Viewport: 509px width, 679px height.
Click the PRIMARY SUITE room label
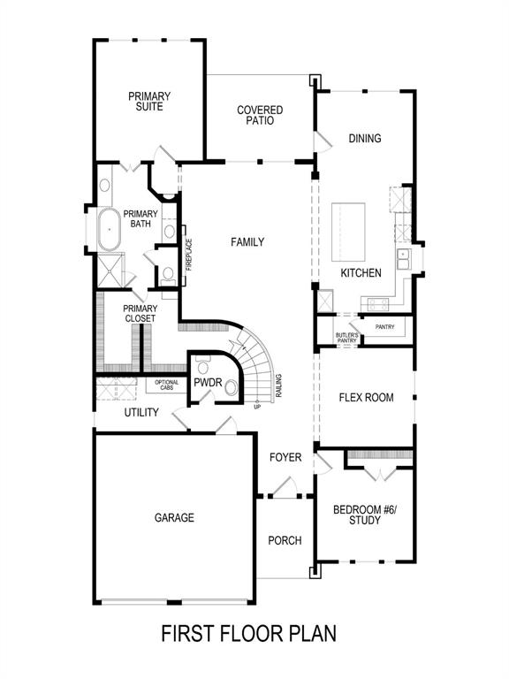(149, 102)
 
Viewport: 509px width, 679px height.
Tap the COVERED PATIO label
(260, 116)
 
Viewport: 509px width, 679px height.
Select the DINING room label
(364, 138)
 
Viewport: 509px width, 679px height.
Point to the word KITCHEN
(361, 273)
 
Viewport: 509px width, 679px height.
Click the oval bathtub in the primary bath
(110, 229)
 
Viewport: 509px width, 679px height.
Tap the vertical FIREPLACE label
(188, 256)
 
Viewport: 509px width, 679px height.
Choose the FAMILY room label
(247, 242)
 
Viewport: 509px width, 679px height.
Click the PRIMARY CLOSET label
(140, 313)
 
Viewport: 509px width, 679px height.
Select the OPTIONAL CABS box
(166, 385)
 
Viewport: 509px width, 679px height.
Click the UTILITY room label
(141, 412)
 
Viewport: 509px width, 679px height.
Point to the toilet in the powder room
(232, 386)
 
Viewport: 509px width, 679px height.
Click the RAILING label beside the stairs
(278, 386)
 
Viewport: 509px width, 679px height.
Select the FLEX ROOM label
(366, 397)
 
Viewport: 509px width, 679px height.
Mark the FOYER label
(285, 457)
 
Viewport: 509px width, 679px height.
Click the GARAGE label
(174, 518)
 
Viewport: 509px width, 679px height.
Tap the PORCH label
(285, 540)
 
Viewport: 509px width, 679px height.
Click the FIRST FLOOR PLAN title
(248, 634)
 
